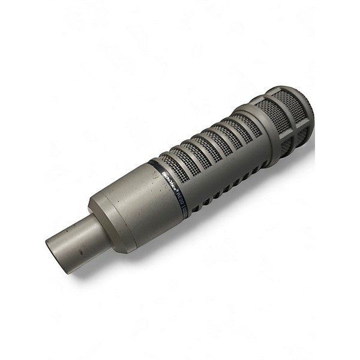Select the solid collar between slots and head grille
pos(252,129)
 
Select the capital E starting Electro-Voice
pos(163,173)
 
